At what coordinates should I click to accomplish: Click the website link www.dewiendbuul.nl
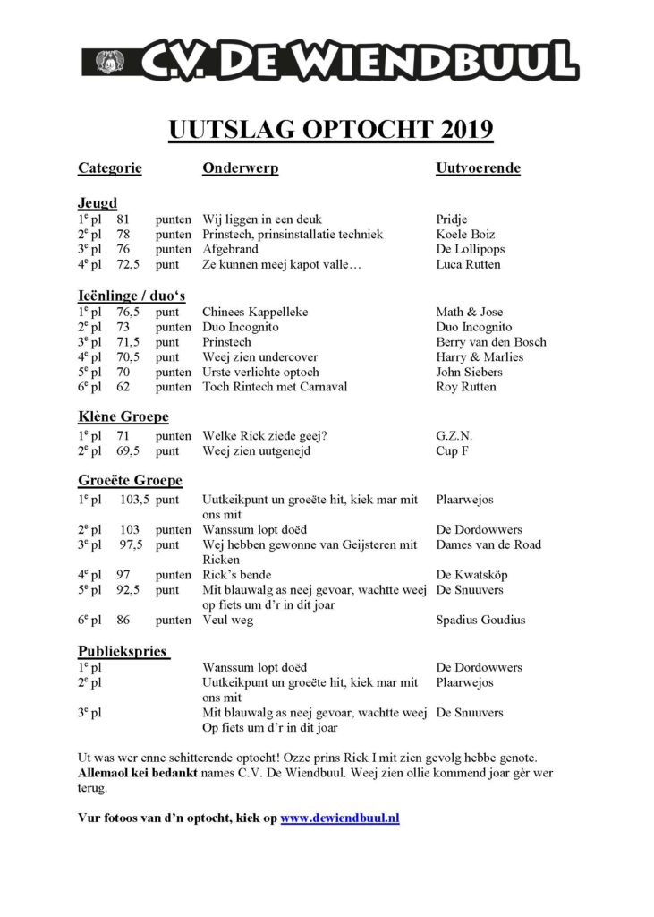[x=339, y=818]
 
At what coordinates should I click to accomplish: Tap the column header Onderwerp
[x=240, y=168]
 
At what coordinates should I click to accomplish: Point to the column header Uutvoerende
[x=478, y=168]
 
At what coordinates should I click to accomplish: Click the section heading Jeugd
[x=98, y=203]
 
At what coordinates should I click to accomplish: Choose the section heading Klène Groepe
[x=123, y=416]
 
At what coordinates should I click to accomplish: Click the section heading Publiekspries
[x=123, y=651]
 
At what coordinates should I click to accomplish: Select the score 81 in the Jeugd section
[x=123, y=219]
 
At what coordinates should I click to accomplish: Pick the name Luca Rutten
[x=468, y=265]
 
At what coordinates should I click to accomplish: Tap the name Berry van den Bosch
[x=490, y=342]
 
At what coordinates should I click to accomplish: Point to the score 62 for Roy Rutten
[x=123, y=387]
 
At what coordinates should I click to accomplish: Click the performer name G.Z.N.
[x=454, y=436]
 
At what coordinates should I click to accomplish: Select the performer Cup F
[x=453, y=451]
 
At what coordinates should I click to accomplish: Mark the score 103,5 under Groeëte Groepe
[x=132, y=498]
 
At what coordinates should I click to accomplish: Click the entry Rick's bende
[x=236, y=575]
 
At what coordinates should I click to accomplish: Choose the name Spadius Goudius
[x=480, y=620]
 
